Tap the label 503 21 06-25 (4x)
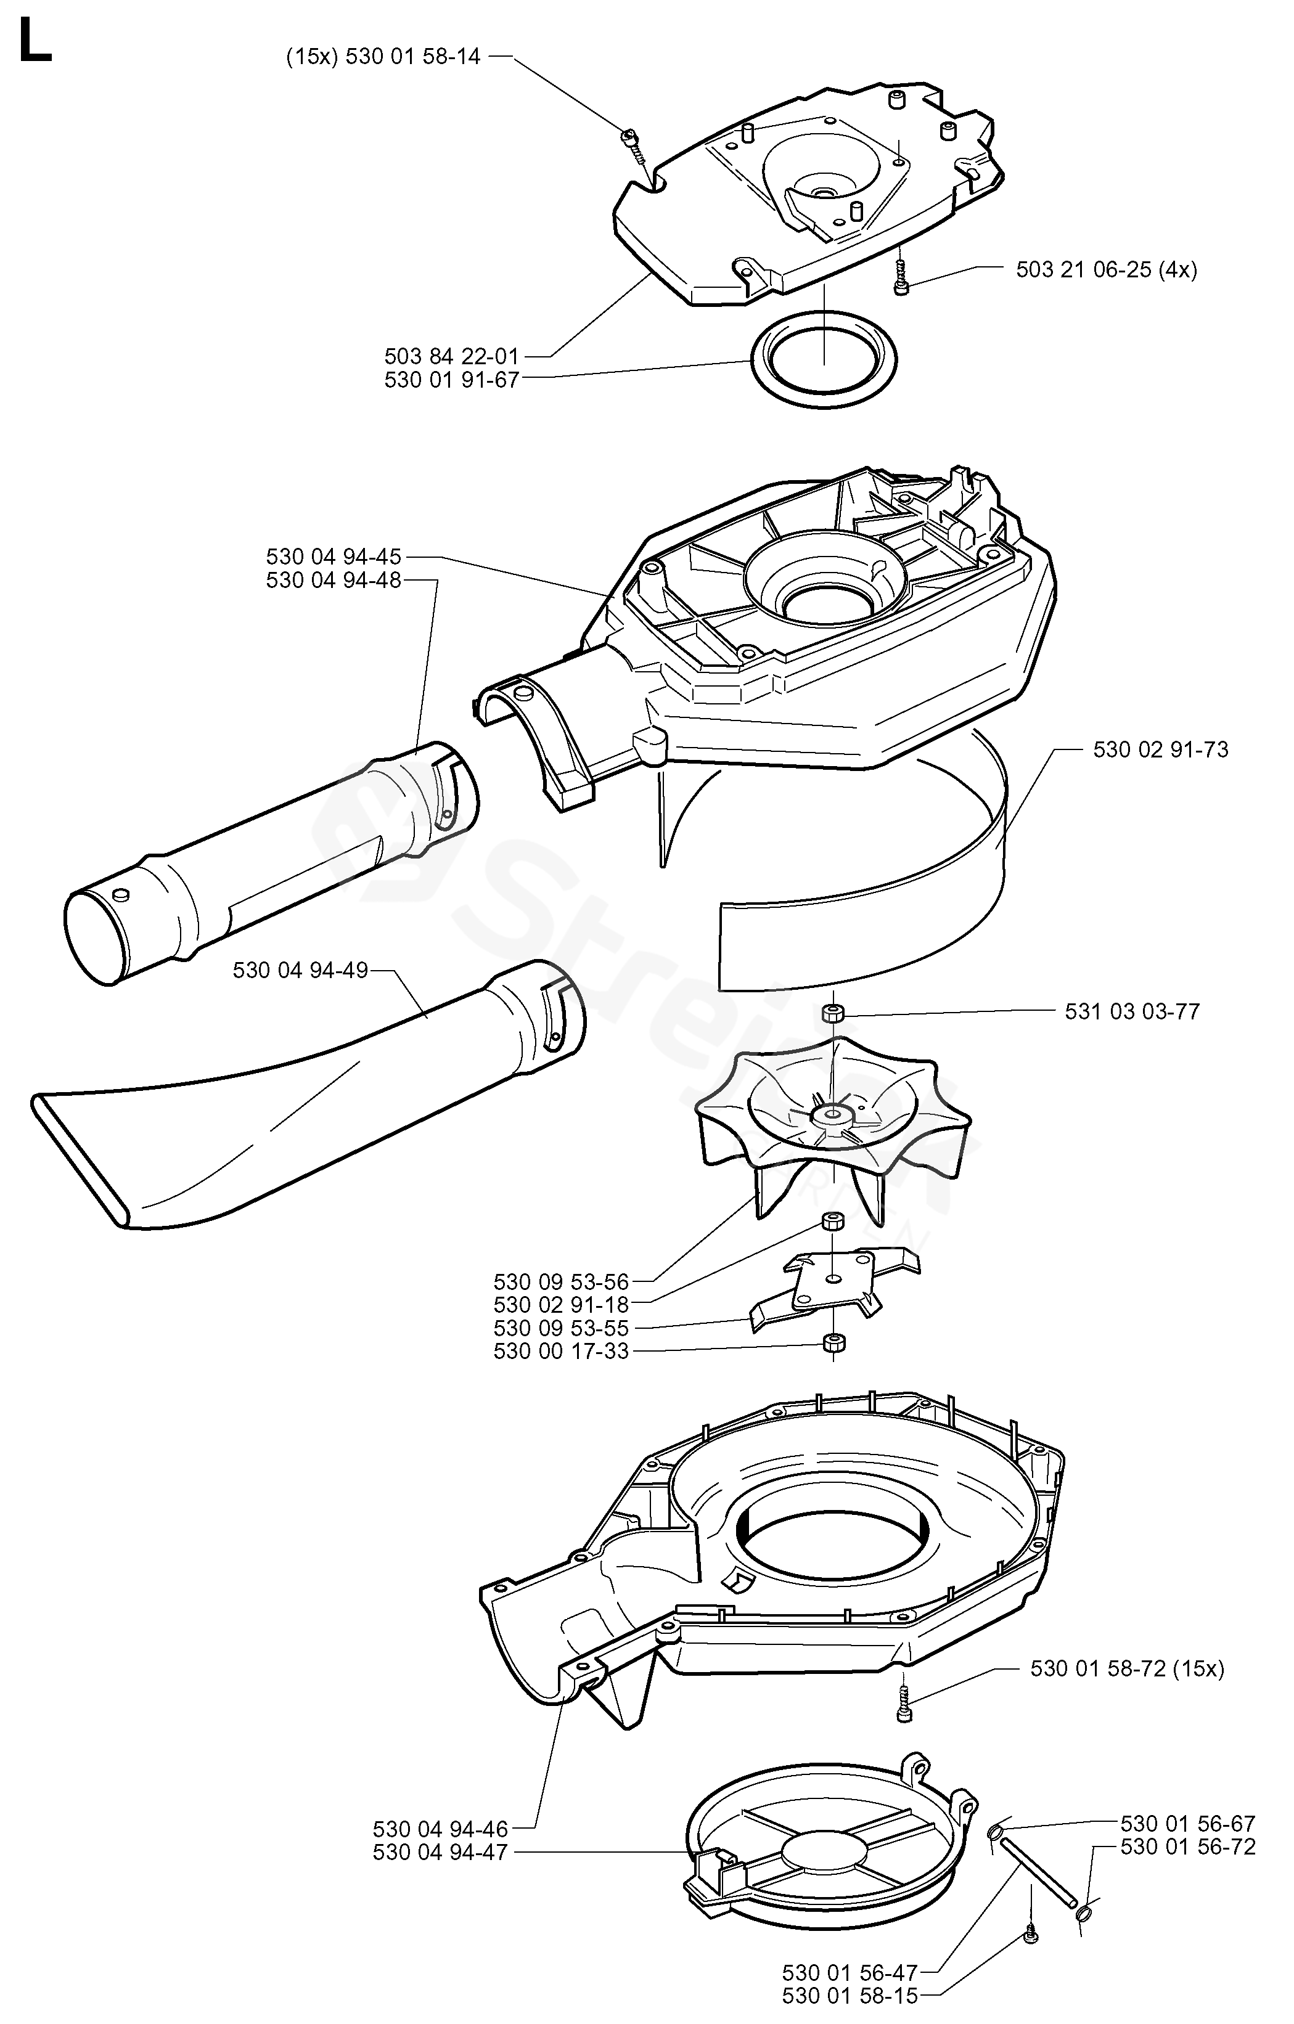click(x=1107, y=270)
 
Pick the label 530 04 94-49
click(x=300, y=970)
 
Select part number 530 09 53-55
click(x=561, y=1328)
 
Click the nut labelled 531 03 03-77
click(x=832, y=1012)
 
